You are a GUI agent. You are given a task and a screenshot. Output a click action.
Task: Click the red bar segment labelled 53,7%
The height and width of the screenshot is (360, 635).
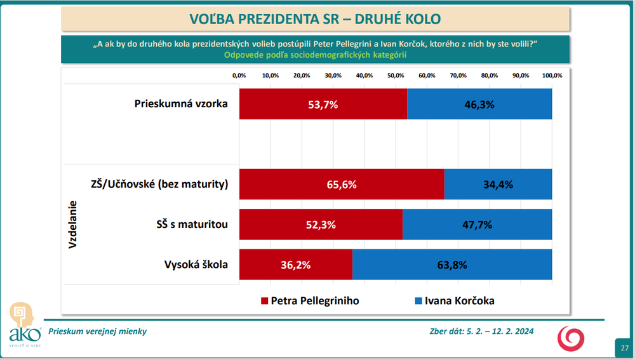pyautogui.click(x=323, y=104)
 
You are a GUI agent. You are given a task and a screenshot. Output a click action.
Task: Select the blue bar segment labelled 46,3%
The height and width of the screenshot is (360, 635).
pyautogui.click(x=479, y=104)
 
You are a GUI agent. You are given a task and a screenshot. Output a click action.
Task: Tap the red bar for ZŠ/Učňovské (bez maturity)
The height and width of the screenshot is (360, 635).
pyautogui.click(x=342, y=185)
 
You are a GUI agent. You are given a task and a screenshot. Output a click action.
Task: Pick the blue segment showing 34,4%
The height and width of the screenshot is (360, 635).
pyautogui.click(x=498, y=185)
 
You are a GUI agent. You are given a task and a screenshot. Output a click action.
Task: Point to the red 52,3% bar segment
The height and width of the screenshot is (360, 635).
pyautogui.click(x=321, y=224)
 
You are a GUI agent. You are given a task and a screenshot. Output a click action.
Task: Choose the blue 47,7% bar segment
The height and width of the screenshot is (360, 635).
pyautogui.click(x=477, y=224)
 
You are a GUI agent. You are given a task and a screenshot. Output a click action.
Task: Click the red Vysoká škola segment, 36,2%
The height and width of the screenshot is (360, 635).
pyautogui.click(x=296, y=265)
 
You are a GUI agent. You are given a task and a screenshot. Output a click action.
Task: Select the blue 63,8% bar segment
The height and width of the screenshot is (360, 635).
pyautogui.click(x=452, y=265)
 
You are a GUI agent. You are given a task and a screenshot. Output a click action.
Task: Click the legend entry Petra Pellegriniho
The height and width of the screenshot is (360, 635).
pyautogui.click(x=309, y=300)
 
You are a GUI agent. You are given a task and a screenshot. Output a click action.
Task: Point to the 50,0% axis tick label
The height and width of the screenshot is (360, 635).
pyautogui.click(x=396, y=76)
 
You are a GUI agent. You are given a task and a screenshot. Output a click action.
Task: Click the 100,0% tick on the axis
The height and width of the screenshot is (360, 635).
pyautogui.click(x=552, y=76)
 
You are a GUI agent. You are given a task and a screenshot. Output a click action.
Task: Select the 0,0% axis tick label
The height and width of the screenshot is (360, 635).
pyautogui.click(x=239, y=76)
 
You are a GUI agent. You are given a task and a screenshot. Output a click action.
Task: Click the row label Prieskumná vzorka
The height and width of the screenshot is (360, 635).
pyautogui.click(x=181, y=104)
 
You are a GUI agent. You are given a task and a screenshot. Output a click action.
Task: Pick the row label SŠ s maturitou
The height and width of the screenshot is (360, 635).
pyautogui.click(x=192, y=224)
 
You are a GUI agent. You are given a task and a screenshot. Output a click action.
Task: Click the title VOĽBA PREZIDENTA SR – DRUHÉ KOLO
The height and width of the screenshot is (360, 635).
pyautogui.click(x=315, y=18)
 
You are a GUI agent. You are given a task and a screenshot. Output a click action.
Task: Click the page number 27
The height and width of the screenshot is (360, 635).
pyautogui.click(x=624, y=348)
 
